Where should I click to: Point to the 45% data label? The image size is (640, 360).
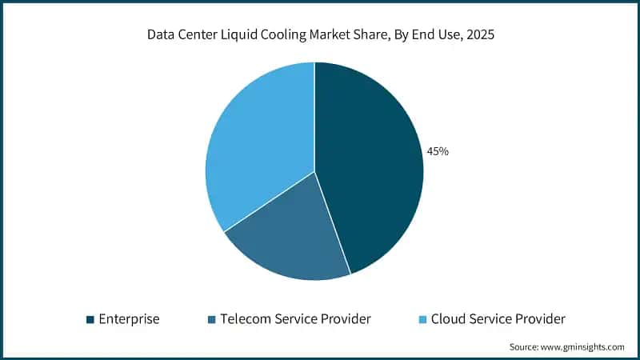[x=438, y=151]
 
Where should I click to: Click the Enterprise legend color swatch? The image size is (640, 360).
[x=90, y=319]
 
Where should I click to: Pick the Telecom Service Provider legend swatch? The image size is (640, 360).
[x=212, y=319]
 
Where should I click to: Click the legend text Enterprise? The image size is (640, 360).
[x=129, y=319]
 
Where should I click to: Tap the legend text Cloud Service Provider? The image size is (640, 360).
[x=498, y=319]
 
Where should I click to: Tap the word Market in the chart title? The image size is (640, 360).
[x=343, y=35]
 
